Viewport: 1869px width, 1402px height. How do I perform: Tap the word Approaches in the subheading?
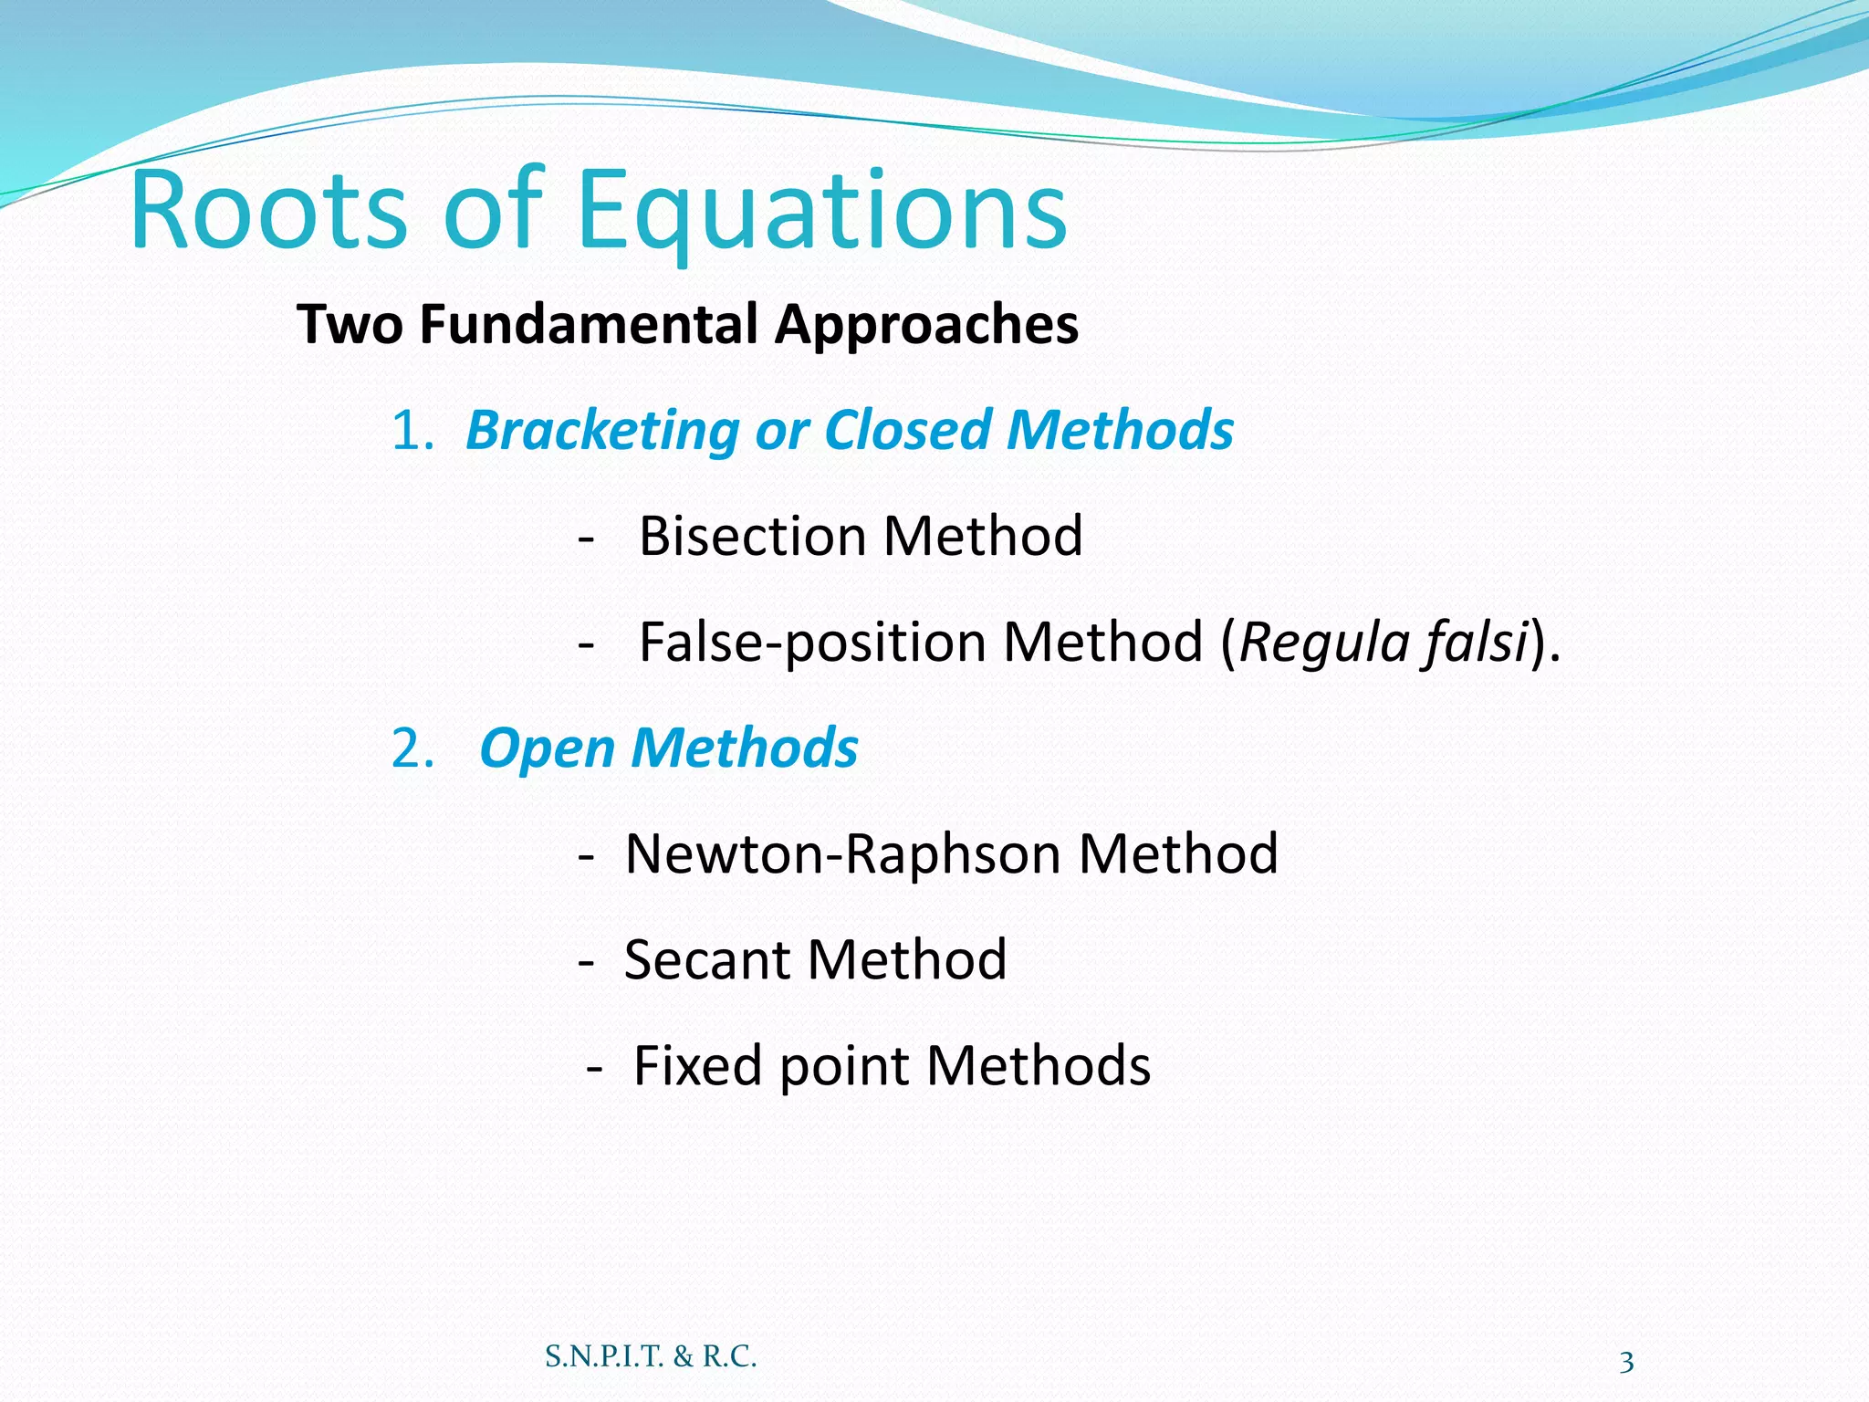coord(926,327)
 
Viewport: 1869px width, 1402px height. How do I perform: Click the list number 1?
coord(410,431)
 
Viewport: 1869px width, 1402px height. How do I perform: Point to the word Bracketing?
coord(601,431)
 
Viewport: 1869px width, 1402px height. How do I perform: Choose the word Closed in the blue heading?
coord(907,430)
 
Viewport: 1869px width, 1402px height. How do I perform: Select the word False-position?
coord(811,643)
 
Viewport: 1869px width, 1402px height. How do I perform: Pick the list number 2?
coord(412,749)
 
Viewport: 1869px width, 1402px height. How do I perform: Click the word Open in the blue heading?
coord(547,749)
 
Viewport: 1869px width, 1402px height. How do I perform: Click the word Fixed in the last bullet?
coord(697,1066)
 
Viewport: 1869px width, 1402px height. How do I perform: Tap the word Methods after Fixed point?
coord(1038,1066)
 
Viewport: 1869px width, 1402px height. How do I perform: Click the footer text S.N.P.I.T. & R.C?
coord(651,1357)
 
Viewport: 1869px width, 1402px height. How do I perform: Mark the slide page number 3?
coord(1626,1363)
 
